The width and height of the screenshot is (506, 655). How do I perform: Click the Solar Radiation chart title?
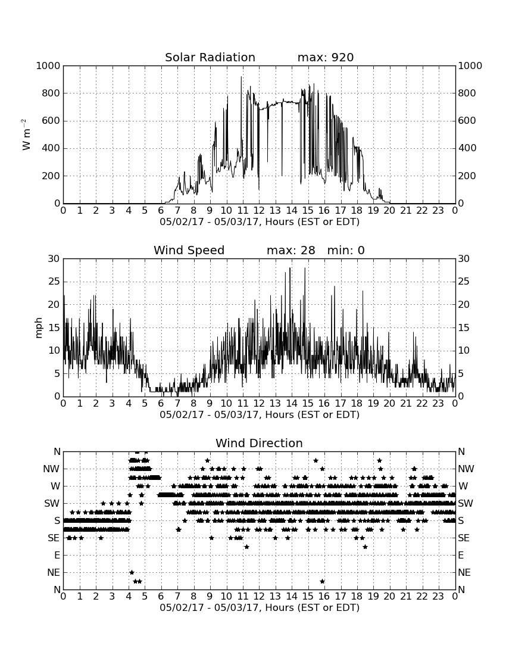[210, 57]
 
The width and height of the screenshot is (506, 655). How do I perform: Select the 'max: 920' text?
[326, 57]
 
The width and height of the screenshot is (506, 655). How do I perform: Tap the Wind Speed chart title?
[189, 250]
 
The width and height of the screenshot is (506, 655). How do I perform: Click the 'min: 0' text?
[346, 250]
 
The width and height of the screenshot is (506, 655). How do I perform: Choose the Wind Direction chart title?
[260, 443]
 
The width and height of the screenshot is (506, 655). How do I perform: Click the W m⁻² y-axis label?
[26, 135]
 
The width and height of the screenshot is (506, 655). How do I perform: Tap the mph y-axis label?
[39, 328]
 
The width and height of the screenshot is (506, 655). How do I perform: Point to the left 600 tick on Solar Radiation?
[51, 121]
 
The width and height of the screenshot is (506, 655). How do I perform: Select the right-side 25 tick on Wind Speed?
[463, 282]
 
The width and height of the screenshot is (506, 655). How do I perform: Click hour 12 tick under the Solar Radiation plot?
[259, 211]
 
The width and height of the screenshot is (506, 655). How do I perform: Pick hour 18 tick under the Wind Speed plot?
[357, 404]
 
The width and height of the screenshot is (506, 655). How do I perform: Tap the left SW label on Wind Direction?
[52, 503]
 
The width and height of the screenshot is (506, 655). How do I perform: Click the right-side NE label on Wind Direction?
[464, 572]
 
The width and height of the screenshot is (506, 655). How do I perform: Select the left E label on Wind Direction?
[57, 555]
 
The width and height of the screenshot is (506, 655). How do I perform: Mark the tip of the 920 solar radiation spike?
[241, 77]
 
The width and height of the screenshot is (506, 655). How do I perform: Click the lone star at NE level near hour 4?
[132, 572]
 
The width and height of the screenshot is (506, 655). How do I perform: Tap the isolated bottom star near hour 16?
[322, 581]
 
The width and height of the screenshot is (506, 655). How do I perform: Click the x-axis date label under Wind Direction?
[260, 607]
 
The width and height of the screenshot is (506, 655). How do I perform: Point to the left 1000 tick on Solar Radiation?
[48, 65]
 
